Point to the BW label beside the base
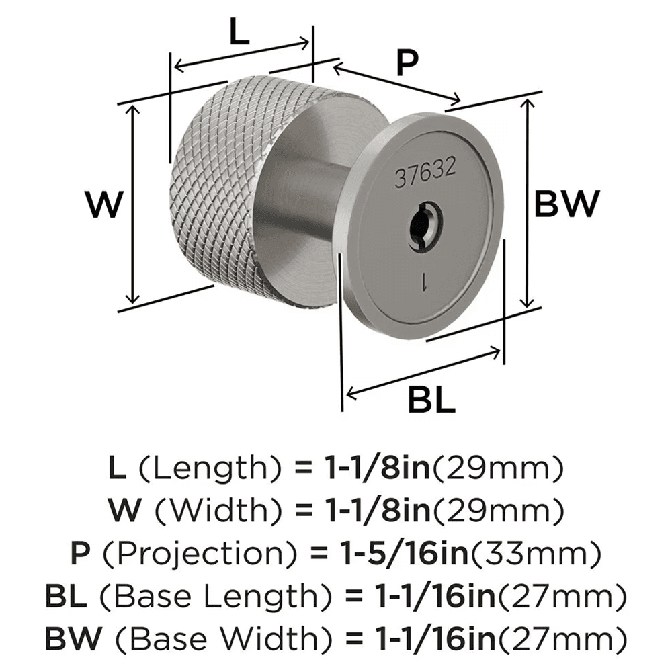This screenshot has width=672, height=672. (x=566, y=204)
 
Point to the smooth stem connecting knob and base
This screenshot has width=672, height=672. (x=296, y=202)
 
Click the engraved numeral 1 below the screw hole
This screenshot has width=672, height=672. (x=424, y=282)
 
